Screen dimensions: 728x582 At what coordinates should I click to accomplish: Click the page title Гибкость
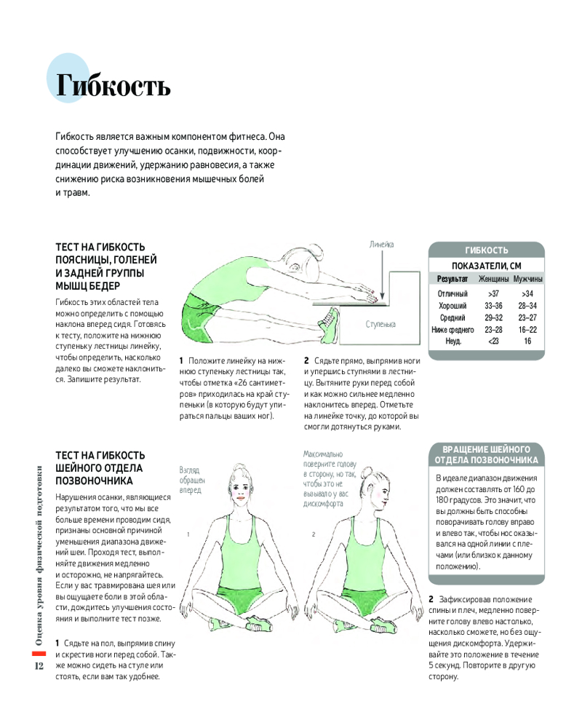pyautogui.click(x=113, y=86)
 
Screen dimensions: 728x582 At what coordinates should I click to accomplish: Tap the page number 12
pyautogui.click(x=39, y=666)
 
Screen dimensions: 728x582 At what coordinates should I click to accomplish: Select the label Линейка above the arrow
pyautogui.click(x=380, y=245)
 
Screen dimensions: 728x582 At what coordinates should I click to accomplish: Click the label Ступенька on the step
pyautogui.click(x=380, y=323)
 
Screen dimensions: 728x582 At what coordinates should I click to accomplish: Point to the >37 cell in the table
pyautogui.click(x=493, y=293)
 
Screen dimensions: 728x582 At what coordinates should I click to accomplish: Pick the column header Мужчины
pyautogui.click(x=527, y=280)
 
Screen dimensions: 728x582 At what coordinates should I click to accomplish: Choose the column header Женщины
pyautogui.click(x=493, y=280)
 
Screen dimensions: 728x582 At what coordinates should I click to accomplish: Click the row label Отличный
pyautogui.click(x=453, y=293)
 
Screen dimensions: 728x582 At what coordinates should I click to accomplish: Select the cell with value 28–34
pyautogui.click(x=527, y=306)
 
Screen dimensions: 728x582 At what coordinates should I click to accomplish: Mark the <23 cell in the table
pyautogui.click(x=493, y=341)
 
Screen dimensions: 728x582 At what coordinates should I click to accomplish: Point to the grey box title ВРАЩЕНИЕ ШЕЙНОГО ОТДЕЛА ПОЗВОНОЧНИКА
pyautogui.click(x=486, y=454)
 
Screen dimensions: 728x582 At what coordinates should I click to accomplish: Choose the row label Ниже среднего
pyautogui.click(x=453, y=329)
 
